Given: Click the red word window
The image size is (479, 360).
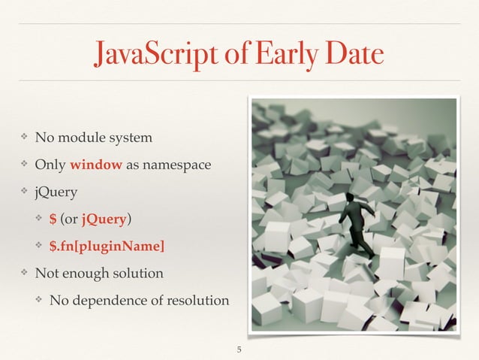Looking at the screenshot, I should (92, 165).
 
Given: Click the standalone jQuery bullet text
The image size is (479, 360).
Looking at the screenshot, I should (54, 192).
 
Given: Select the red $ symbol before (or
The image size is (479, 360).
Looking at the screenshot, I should (53, 219).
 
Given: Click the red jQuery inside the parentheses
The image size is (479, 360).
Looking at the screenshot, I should (104, 219).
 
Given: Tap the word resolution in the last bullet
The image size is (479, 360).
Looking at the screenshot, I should (198, 301).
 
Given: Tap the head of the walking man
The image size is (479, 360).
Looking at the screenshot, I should (351, 198).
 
